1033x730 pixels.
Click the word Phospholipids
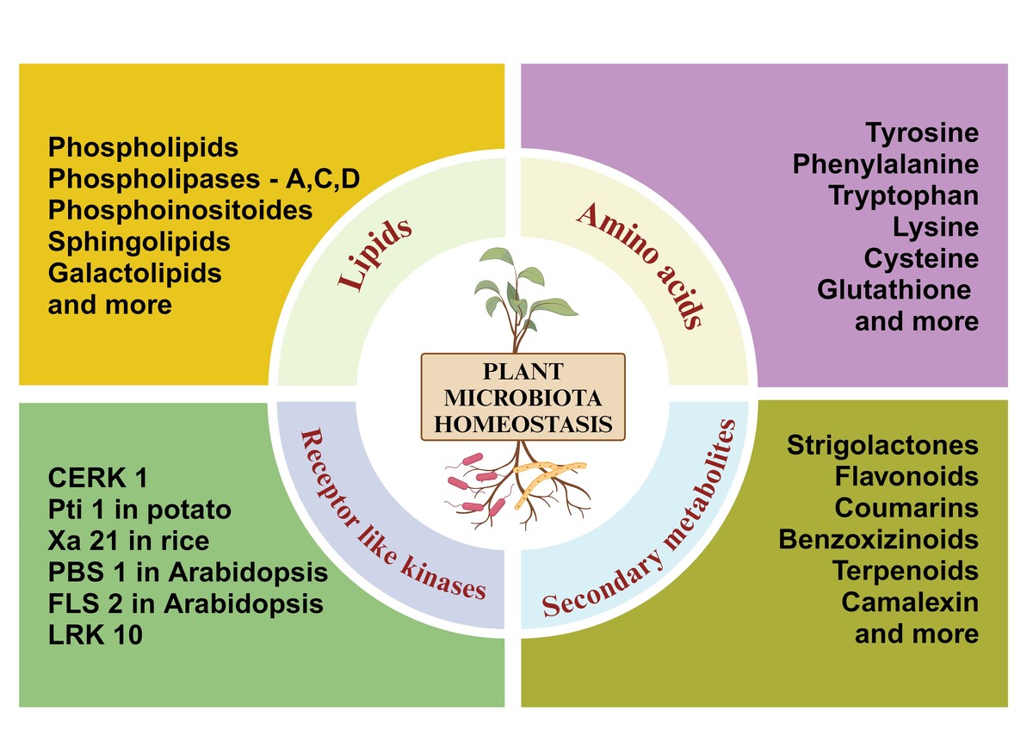(143, 147)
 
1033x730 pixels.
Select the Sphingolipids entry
(139, 241)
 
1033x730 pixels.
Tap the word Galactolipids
(134, 273)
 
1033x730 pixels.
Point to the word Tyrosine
(922, 133)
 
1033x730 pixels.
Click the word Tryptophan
(904, 195)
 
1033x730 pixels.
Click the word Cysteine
(921, 258)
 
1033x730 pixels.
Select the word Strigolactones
(882, 445)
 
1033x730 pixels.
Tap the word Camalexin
(910, 602)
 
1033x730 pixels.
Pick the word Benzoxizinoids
(878, 539)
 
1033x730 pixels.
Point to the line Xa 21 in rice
(128, 541)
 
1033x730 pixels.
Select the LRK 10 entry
(95, 635)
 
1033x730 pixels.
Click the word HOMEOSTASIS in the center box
(523, 424)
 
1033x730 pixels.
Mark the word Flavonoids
(906, 476)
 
